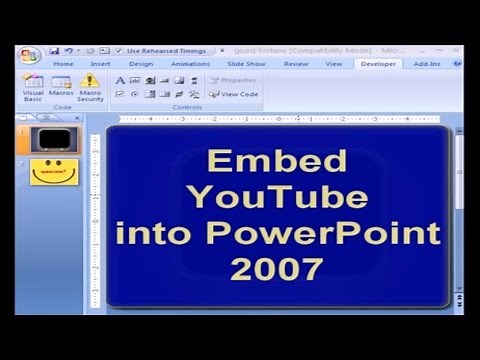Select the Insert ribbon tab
[101, 64]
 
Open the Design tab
[140, 64]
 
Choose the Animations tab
[190, 64]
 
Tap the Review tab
[295, 64]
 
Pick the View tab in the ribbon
[334, 64]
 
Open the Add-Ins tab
[427, 64]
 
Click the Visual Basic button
[33, 87]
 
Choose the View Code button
[234, 94]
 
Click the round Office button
[29, 54]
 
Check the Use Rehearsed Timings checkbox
[119, 50]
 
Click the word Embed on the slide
[276, 161]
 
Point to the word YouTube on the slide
[276, 197]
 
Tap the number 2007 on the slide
[276, 268]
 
